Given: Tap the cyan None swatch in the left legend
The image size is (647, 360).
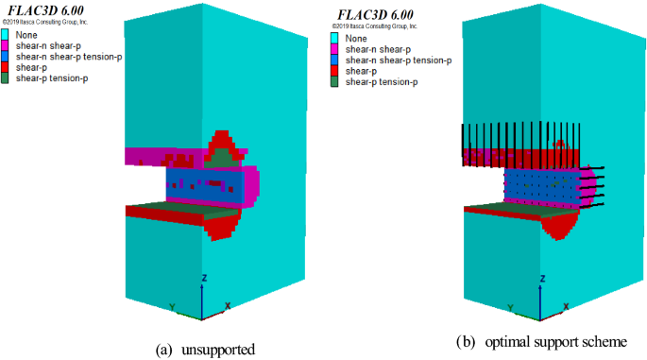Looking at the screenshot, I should click(x=7, y=36).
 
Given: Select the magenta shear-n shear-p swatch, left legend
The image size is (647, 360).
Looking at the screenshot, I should click(x=7, y=46).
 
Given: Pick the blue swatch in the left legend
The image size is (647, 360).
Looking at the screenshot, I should click(x=7, y=57).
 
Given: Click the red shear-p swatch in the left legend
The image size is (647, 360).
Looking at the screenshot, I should click(x=7, y=67).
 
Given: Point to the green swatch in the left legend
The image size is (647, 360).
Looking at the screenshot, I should click(x=7, y=77).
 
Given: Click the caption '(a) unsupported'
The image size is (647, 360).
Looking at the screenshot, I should click(x=205, y=350).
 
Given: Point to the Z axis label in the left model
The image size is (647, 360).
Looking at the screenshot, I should click(x=205, y=278).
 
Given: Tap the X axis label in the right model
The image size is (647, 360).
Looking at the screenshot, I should click(x=564, y=307).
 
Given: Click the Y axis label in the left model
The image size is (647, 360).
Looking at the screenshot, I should click(x=172, y=307).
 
